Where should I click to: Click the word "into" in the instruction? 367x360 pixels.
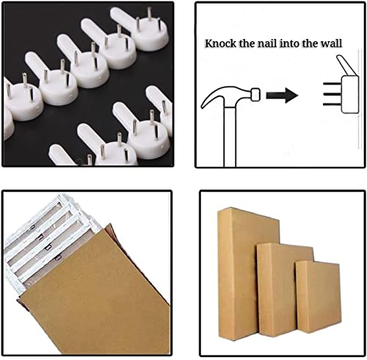289,43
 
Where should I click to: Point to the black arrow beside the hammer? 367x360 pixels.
282,95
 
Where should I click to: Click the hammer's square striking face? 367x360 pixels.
255,95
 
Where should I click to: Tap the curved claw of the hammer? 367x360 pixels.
213,97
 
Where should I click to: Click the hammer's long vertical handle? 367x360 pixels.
230,137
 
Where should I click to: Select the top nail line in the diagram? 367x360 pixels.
332,84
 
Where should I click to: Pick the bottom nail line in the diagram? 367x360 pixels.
332,104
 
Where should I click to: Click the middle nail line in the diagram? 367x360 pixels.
332,94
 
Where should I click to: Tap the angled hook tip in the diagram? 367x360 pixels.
346,65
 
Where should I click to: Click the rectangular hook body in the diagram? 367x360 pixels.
350,95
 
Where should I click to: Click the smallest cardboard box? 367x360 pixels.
318,297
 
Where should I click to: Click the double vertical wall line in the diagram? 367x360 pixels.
360,99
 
